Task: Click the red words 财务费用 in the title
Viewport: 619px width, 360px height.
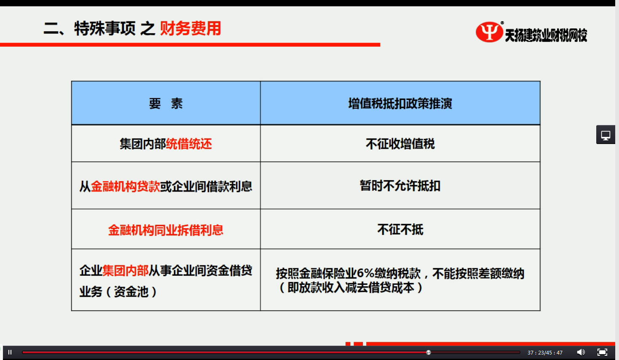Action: [191, 28]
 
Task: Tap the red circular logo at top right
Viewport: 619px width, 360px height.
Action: [489, 32]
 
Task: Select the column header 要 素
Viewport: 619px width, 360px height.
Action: [166, 104]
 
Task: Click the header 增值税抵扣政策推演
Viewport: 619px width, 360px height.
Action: [400, 104]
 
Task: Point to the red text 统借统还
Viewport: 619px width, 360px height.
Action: [189, 144]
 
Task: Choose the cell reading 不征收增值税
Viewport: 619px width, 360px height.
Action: [400, 144]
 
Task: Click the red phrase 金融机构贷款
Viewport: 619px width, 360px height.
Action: [125, 187]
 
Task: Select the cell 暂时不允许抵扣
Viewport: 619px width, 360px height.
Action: [400, 186]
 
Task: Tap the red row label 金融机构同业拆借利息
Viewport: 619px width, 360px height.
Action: [166, 230]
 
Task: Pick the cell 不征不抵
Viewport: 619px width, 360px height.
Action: [400, 229]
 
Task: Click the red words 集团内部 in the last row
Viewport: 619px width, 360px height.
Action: [126, 271]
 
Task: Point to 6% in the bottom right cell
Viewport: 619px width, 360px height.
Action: [365, 274]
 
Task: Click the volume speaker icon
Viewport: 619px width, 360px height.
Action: [581, 352]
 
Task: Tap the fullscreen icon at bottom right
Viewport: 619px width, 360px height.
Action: [602, 352]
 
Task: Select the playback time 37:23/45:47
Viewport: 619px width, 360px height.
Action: [545, 352]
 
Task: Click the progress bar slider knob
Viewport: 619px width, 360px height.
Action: [428, 352]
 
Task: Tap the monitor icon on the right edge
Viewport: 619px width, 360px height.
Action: [606, 135]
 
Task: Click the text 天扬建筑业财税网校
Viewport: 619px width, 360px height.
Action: [546, 35]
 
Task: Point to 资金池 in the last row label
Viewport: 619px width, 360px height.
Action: [131, 291]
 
